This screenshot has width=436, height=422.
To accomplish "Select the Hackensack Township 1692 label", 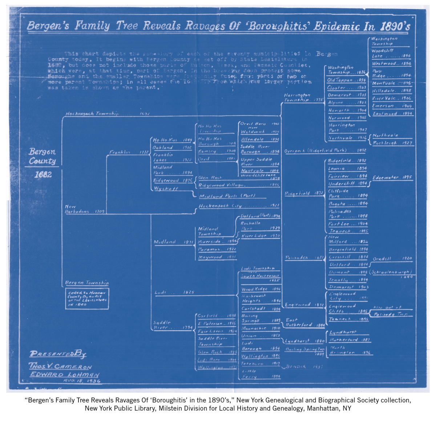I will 107,114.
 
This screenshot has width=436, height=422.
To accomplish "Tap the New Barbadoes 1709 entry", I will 84,209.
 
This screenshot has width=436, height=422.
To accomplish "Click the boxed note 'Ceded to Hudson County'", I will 87,298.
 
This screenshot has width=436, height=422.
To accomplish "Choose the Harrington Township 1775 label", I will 303,97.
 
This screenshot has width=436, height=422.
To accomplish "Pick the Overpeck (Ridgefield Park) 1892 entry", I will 325,150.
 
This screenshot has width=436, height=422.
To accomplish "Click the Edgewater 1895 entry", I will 392,178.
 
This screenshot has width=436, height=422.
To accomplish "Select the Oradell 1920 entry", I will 392,259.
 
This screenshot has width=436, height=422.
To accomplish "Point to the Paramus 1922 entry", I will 217,250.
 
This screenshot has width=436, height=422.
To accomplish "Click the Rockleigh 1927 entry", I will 392,143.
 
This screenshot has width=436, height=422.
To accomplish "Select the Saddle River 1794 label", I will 172,325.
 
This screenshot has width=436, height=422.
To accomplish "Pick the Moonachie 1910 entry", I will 261,328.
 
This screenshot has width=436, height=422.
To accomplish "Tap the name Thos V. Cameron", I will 60,366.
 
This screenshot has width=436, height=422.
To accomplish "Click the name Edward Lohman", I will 64,374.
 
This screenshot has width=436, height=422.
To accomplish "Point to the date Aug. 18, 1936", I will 81,381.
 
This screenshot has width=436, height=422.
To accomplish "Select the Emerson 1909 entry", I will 392,106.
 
